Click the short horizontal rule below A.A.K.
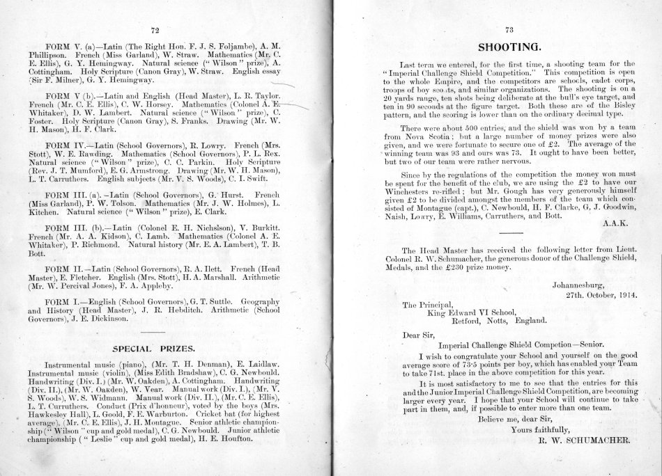click(x=511, y=233)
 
